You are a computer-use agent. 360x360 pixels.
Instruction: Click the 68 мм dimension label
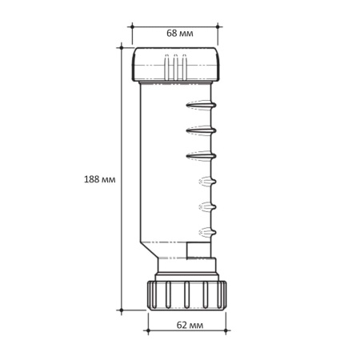tap(180, 34)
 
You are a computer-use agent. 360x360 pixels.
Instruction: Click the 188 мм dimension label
tap(100, 179)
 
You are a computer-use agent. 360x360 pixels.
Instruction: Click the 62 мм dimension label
tap(190, 325)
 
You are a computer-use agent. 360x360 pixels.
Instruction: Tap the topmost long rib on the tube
tap(201, 105)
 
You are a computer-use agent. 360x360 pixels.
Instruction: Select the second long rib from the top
tap(201, 130)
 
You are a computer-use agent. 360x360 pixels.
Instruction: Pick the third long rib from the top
tap(201, 156)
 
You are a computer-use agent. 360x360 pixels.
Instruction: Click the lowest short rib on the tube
tap(207, 233)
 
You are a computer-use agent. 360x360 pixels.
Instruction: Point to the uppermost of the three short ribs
tap(207, 182)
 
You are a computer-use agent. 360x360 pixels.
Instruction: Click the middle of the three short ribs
tap(207, 207)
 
